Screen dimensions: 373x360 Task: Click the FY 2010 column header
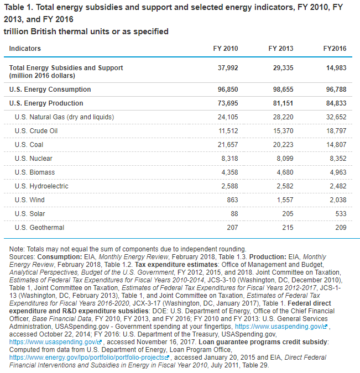[x=225, y=49]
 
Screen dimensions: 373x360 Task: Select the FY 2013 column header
[x=280, y=49]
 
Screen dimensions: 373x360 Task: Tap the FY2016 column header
[x=335, y=49]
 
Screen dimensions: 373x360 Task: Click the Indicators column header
[x=25, y=49]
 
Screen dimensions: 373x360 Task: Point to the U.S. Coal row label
[x=29, y=145]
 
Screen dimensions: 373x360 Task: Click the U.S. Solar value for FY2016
[x=340, y=214]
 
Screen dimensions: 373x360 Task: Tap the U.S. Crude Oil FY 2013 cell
[x=282, y=131]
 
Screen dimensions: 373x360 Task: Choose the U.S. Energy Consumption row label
[x=50, y=90]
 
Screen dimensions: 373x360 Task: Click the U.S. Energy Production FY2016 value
[x=336, y=103]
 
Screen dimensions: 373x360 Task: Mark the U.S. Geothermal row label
[x=39, y=228]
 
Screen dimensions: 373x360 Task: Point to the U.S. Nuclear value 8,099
[x=284, y=159]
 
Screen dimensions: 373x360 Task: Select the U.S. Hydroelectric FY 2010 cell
[x=229, y=186]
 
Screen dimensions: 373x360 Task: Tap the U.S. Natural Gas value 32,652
[x=336, y=117]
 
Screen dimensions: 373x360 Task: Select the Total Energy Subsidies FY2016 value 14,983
[x=336, y=68]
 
